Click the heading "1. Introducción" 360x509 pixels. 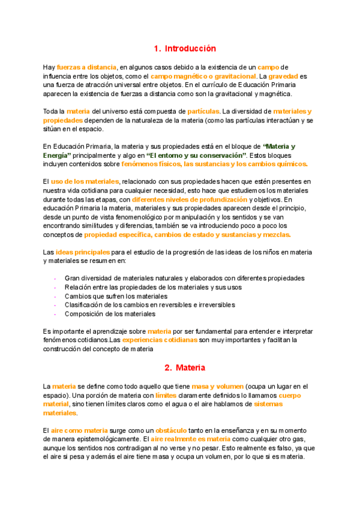pos(184,49)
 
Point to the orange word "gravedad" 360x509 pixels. pos(282,76)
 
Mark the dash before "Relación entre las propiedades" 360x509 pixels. pos(56,288)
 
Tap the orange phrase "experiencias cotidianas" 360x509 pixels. pos(160,340)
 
